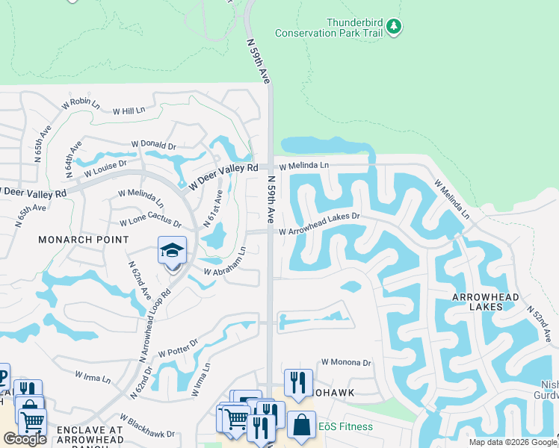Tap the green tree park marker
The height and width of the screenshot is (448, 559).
tap(394, 28)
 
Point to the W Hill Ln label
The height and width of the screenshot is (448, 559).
tap(129, 111)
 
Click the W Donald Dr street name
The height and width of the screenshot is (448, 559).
tap(153, 145)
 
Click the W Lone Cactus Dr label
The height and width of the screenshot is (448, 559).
tap(150, 223)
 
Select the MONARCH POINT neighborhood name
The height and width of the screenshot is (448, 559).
tap(84, 240)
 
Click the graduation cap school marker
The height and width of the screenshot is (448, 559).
tap(172, 250)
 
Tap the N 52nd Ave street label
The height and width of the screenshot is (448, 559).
tap(541, 320)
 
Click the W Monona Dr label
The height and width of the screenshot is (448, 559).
tap(346, 362)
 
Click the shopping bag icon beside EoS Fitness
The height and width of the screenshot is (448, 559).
tap(300, 425)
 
